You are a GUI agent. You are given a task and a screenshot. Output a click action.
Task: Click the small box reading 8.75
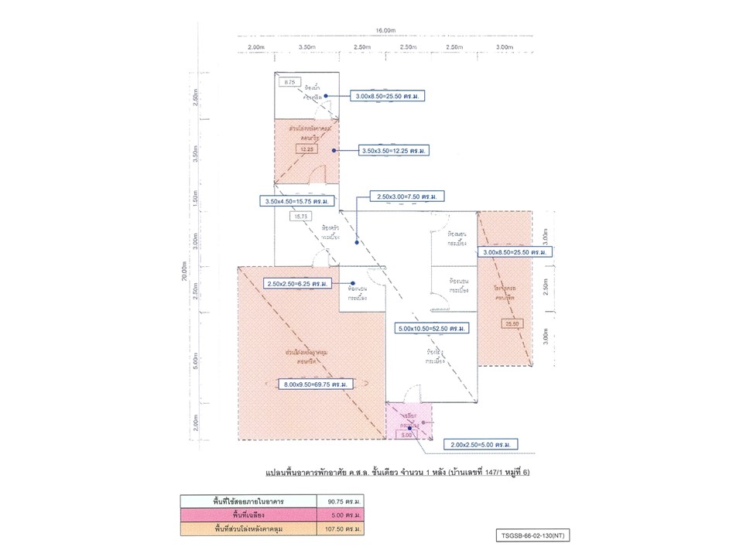(x=290, y=82)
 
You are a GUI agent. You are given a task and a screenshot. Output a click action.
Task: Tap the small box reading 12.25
(x=307, y=149)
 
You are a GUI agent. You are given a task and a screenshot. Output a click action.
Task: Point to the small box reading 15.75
(x=300, y=217)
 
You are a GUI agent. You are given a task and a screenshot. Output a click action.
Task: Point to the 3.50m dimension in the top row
(x=306, y=47)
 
